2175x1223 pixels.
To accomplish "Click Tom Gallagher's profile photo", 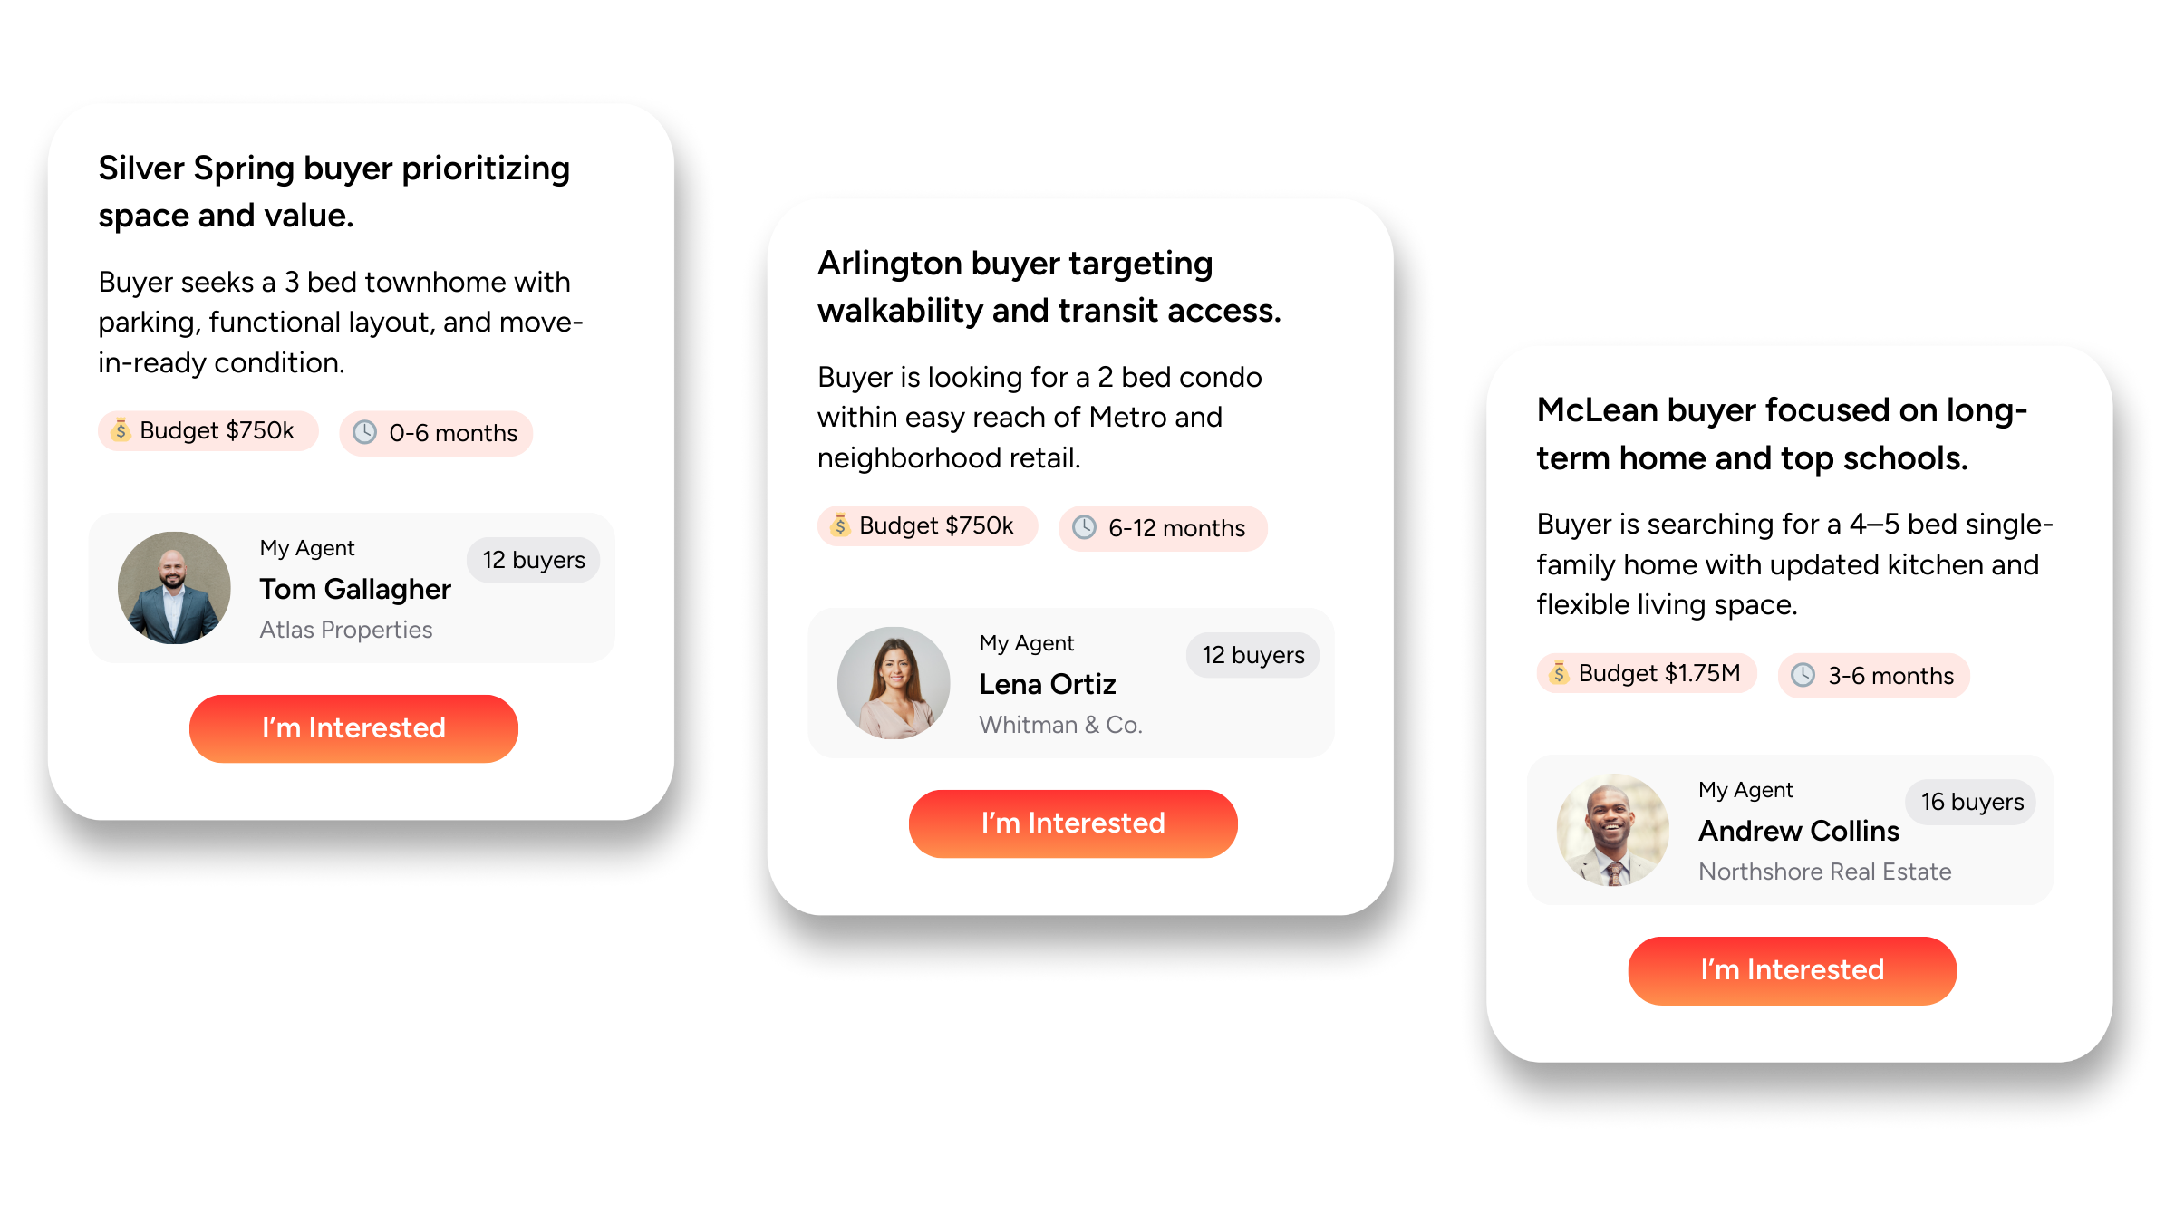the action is [x=174, y=588].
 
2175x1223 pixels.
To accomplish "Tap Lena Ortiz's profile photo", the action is [x=894, y=683].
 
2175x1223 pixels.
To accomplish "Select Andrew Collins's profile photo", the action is [x=1613, y=830].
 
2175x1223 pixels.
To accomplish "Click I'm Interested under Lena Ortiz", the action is [x=1073, y=823].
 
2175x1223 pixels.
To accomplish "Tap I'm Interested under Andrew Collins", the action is [x=1792, y=970].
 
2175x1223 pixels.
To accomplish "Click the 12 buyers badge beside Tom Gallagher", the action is [x=534, y=560].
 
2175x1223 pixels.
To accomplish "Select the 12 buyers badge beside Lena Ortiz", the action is [x=1253, y=655].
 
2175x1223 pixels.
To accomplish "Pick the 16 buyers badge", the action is [x=1972, y=802].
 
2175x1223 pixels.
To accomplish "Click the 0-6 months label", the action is [x=453, y=433].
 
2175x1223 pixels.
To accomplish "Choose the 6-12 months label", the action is [x=1176, y=528].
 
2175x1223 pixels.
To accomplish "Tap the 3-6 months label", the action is [x=1890, y=676].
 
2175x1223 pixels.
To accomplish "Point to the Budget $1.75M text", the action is [x=1658, y=673].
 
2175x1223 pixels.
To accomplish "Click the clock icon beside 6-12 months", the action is [x=1085, y=527].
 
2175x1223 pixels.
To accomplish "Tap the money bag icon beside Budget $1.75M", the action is [x=1559, y=672].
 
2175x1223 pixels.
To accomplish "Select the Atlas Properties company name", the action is [x=346, y=630].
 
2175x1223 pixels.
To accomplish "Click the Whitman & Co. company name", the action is [x=1060, y=725].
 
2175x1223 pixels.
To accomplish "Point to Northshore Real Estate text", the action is [x=1824, y=872].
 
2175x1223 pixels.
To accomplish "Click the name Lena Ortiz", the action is [x=1048, y=684].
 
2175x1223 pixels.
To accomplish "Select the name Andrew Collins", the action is [x=1799, y=831].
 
